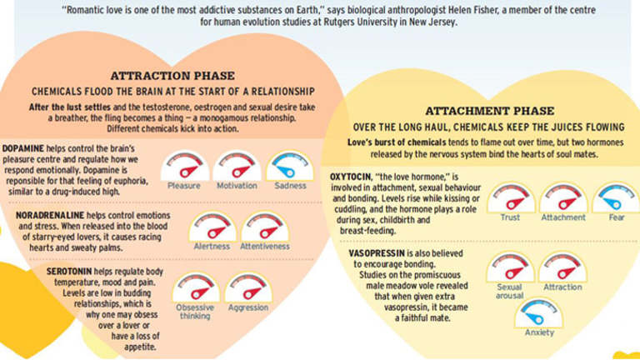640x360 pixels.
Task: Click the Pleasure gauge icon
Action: pyautogui.click(x=184, y=166)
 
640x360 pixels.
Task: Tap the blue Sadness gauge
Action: pyautogui.click(x=290, y=166)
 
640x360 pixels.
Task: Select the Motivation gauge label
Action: pyautogui.click(x=237, y=186)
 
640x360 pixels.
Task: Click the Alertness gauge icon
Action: pyautogui.click(x=212, y=227)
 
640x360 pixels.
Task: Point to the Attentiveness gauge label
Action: pyautogui.click(x=264, y=247)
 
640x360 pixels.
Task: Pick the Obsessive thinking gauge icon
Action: pyautogui.click(x=196, y=287)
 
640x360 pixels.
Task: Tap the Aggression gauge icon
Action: pyautogui.click(x=248, y=287)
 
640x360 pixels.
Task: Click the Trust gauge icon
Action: pyautogui.click(x=511, y=198)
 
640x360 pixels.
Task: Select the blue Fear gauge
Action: pyautogui.click(x=616, y=198)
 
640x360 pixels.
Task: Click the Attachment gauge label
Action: pyautogui.click(x=563, y=217)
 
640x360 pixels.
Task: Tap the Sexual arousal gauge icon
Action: pyautogui.click(x=510, y=267)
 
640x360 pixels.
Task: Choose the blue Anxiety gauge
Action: pyautogui.click(x=539, y=312)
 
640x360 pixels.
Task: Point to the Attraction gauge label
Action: pyautogui.click(x=562, y=287)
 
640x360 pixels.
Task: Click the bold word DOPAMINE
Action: pyautogui.click(x=22, y=148)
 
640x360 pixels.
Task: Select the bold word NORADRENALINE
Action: pyautogui.click(x=50, y=216)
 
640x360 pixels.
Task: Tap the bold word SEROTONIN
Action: pyautogui.click(x=69, y=272)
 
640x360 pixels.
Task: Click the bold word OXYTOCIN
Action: pyautogui.click(x=350, y=177)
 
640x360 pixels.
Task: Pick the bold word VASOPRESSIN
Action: pyautogui.click(x=377, y=253)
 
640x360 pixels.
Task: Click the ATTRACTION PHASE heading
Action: pyautogui.click(x=172, y=76)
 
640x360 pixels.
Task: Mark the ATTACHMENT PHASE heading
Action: pyautogui.click(x=490, y=111)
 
